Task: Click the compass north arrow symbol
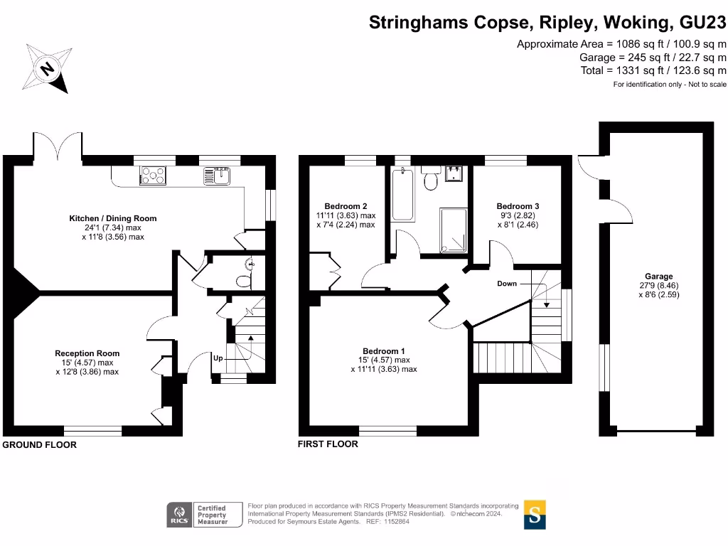pos(47,68)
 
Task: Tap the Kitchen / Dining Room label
pos(112,218)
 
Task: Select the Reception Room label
pos(87,353)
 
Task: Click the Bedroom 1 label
pos(383,351)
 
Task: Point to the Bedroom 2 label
pos(346,206)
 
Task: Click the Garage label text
pos(659,277)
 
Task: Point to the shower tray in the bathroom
pos(453,230)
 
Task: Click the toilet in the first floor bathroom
pos(429,181)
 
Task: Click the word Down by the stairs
pos(507,284)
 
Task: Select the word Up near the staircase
pos(218,359)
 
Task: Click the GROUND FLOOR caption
pos(40,445)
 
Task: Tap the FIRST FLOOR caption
pos(328,444)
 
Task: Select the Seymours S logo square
pos(535,515)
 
